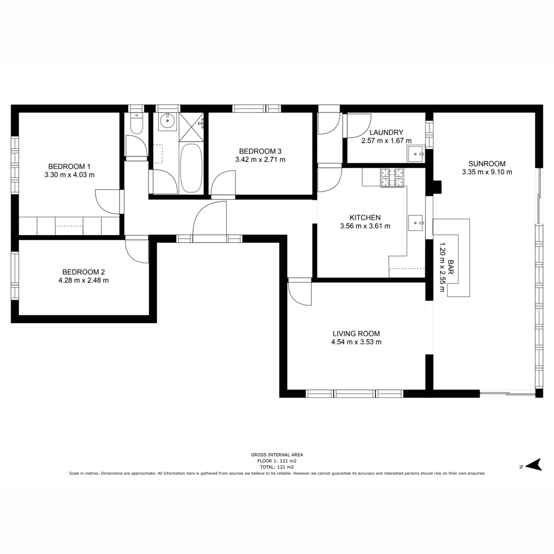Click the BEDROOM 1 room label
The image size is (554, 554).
point(69,166)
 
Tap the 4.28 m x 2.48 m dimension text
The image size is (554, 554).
point(84,280)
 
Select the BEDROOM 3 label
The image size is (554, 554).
point(260,151)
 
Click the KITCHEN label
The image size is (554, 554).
point(365,217)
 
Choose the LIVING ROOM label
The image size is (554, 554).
point(356,333)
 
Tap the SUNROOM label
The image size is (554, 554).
point(487,164)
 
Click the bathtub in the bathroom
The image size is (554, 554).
point(191,168)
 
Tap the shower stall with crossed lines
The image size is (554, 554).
point(191,126)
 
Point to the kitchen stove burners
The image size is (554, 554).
point(392,177)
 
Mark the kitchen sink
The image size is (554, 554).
point(415,223)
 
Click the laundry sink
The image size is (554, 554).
point(414,153)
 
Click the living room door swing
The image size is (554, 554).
point(300,293)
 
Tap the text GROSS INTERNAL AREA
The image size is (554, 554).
point(276,454)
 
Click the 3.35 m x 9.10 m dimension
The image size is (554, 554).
point(487,172)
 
